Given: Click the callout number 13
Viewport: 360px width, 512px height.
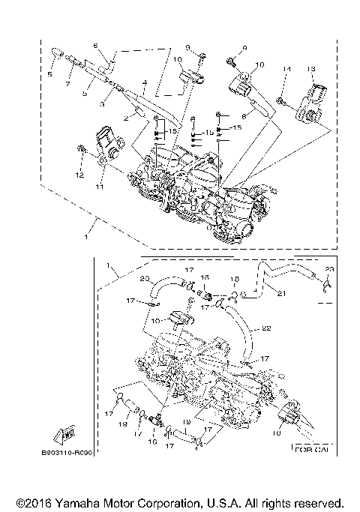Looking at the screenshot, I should pos(311,69).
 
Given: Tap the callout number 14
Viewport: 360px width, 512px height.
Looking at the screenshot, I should pos(286,69).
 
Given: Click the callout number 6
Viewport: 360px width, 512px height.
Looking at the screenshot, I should pos(96,46).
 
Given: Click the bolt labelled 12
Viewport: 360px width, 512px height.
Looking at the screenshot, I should pos(81,154).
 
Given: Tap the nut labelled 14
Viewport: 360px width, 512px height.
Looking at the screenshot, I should pos(279,99).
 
